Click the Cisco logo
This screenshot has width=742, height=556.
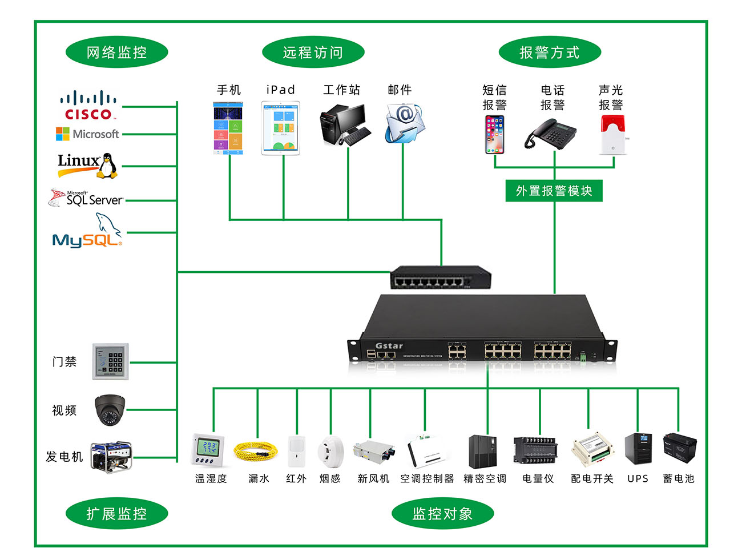coord(88,106)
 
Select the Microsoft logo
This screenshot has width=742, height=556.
coord(87,134)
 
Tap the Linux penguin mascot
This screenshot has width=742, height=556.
coord(106,166)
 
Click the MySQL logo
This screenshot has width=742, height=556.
coord(87,234)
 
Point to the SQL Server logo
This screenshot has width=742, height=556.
coord(86,199)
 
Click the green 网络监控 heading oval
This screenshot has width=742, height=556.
coord(116,53)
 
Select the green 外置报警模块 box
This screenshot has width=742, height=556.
coord(554,191)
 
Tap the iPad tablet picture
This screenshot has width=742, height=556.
coord(280,128)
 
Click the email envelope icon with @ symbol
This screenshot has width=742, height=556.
coord(405,123)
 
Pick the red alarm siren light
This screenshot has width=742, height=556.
coord(613,134)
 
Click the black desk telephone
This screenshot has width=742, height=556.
coord(550,135)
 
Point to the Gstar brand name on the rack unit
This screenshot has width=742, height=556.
coord(389,345)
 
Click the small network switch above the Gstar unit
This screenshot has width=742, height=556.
coord(440,278)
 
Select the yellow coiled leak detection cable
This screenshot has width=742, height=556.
coord(256,451)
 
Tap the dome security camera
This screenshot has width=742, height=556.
coord(110,410)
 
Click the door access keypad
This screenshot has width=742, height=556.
coord(111,361)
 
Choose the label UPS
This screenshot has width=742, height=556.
coord(638,478)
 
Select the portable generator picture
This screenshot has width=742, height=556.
coord(111,457)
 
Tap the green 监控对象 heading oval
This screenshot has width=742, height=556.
coord(442,514)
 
